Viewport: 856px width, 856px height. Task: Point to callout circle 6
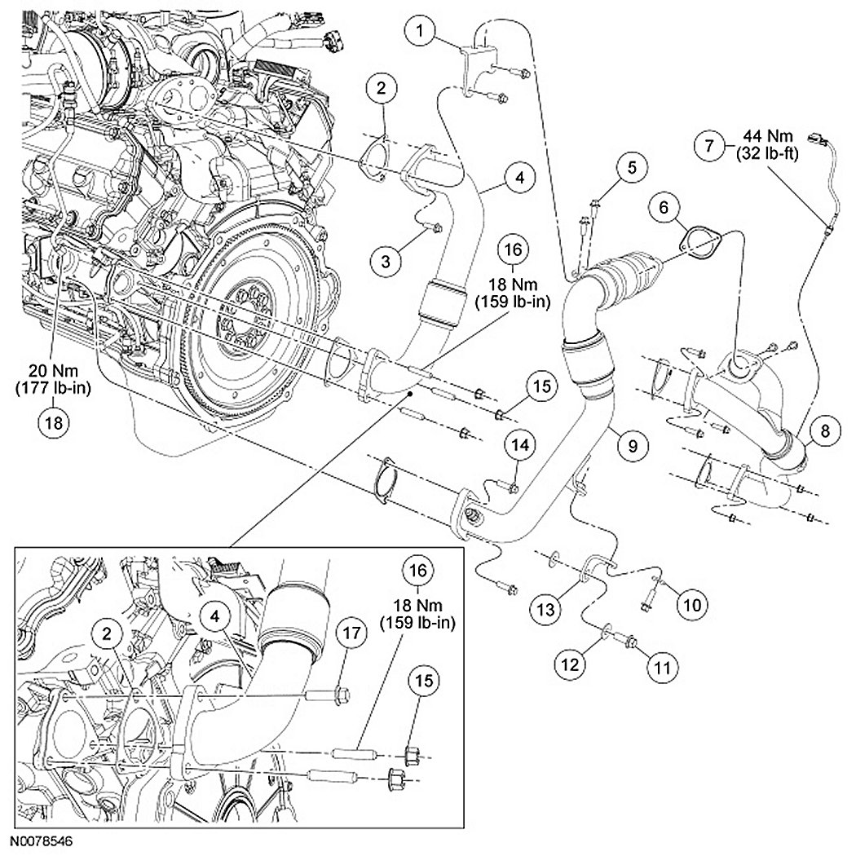[x=664, y=209]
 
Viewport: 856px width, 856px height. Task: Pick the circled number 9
[x=633, y=444]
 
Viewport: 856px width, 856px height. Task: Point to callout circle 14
[x=521, y=444]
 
